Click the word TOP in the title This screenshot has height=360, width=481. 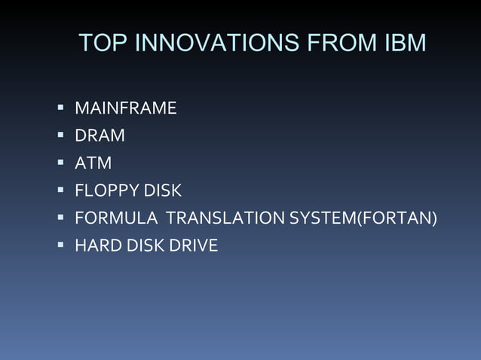click(x=103, y=44)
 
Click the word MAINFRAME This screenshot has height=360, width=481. click(x=125, y=108)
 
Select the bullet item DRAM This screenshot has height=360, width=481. click(x=100, y=136)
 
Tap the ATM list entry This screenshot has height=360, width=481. click(x=93, y=163)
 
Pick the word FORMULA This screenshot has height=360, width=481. click(x=115, y=218)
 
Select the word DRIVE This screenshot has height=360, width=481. click(x=196, y=245)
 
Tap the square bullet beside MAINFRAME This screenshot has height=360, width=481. click(x=60, y=108)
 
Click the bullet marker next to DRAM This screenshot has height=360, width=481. click(x=60, y=136)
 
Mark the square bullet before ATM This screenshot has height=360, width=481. click(x=60, y=163)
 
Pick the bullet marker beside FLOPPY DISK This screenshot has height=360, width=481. click(x=60, y=190)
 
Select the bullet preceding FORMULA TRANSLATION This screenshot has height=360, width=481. click(x=60, y=217)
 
